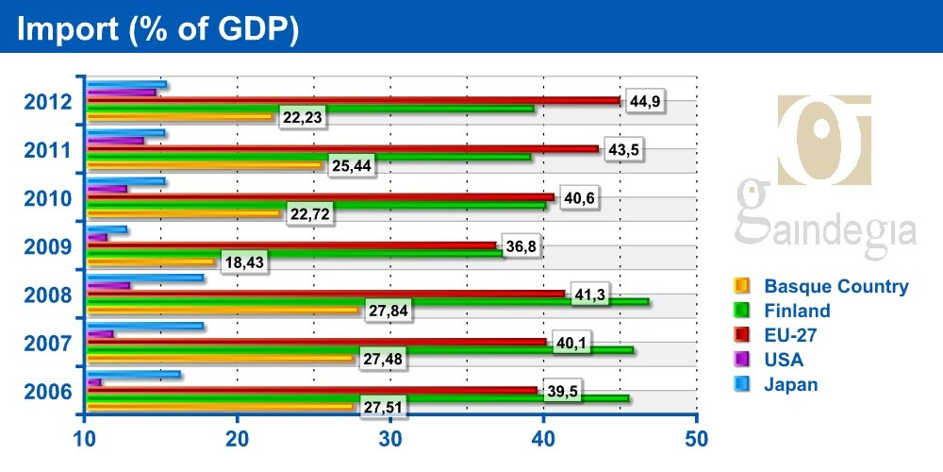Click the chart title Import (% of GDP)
coord(158,28)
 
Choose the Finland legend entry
coord(797,311)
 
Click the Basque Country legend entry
coord(835,286)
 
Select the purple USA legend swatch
coord(740,360)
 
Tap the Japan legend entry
coord(790,384)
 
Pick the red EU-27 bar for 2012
coord(354,101)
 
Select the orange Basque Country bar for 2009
coord(151,261)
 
